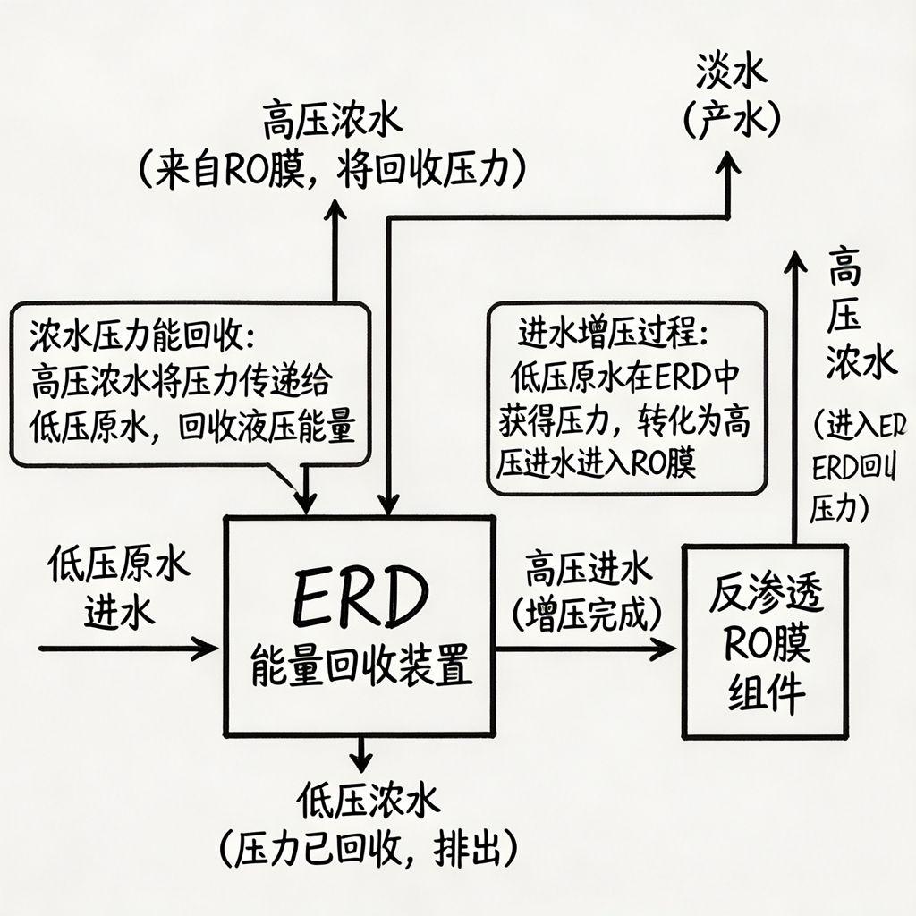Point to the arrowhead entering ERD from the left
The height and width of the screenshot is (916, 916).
pyautogui.click(x=208, y=647)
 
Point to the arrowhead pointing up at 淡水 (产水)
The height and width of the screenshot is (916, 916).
pyautogui.click(x=730, y=163)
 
